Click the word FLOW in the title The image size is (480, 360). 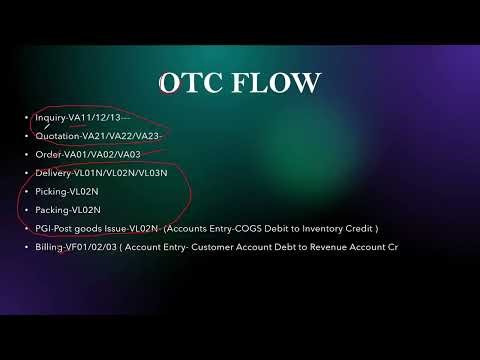tap(272, 84)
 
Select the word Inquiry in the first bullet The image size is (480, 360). tap(50, 118)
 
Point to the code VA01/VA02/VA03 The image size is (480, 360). tap(111, 155)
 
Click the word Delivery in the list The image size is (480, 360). tap(53, 173)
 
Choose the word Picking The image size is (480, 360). tap(51, 191)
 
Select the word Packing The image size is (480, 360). tap(52, 210)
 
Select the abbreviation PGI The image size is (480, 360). tap(43, 228)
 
